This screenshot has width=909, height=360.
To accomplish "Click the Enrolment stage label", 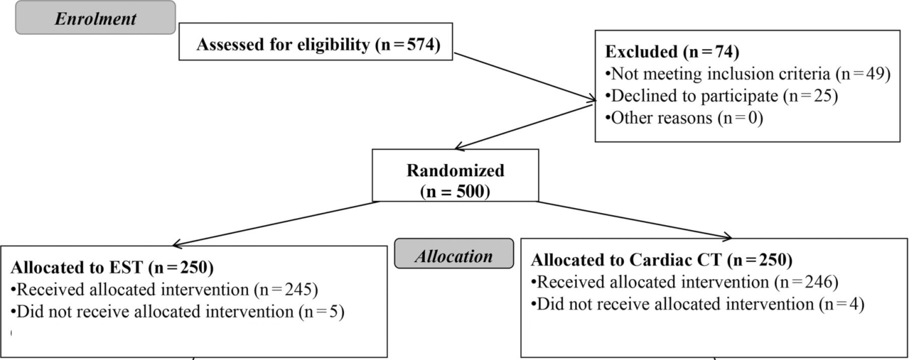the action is click(x=95, y=18).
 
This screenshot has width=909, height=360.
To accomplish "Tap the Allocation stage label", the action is click(x=454, y=256).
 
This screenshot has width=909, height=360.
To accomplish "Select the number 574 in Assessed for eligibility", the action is click(x=415, y=44).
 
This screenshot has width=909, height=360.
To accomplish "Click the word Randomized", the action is click(x=455, y=170).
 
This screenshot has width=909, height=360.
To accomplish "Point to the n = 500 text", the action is click(x=455, y=191).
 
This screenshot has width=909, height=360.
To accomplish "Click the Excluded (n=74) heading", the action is click(x=672, y=52).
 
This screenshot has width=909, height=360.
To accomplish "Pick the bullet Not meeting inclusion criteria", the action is click(x=747, y=74).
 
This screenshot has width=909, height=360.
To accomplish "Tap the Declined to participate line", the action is click(x=721, y=96).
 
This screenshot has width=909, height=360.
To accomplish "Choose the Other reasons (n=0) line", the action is click(x=684, y=118).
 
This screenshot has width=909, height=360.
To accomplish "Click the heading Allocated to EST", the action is click(x=112, y=268).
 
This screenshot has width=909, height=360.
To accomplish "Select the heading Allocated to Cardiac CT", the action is click(x=662, y=260).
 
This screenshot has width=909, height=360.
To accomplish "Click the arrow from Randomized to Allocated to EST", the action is click(x=275, y=224).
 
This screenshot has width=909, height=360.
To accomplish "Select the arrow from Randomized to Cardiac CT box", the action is click(x=635, y=220).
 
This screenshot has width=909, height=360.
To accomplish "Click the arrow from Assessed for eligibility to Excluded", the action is click(x=525, y=77).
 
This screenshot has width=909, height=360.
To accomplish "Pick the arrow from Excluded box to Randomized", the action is click(x=524, y=127).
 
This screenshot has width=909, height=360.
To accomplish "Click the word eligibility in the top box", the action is click(x=333, y=45).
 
